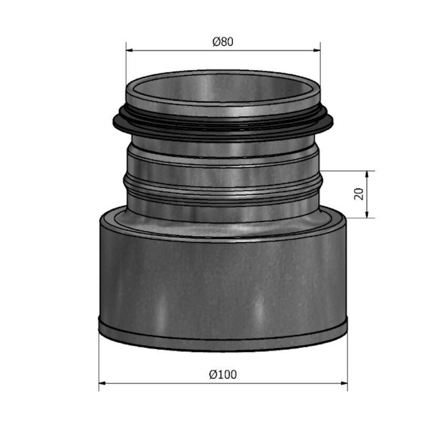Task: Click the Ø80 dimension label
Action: [223, 42]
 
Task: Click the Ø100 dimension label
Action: [223, 375]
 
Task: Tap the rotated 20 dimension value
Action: [358, 194]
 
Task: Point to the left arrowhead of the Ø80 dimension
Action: [129, 51]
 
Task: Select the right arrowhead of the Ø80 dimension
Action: [317, 51]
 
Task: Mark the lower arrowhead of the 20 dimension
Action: [367, 214]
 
